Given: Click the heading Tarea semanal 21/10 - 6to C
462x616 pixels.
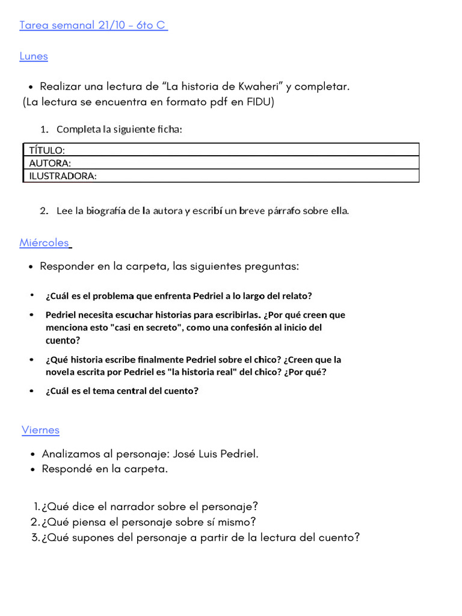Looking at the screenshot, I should tap(93, 25).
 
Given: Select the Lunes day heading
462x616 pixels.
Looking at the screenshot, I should tap(34, 57).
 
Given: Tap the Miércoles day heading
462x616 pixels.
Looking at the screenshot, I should tap(45, 243).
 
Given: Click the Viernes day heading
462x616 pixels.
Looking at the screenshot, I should tap(40, 430).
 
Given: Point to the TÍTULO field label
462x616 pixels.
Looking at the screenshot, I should tap(47, 150).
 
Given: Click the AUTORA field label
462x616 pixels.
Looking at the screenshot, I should tap(50, 163).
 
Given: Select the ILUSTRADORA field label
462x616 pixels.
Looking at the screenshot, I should tap(63, 176).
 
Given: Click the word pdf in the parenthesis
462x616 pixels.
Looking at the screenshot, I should tap(220, 102).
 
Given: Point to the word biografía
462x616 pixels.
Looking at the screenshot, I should tap(106, 211).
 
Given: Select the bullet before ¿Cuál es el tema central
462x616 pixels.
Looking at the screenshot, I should tap(32, 391).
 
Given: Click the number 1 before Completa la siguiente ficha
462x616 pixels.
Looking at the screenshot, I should tap(43, 130).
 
